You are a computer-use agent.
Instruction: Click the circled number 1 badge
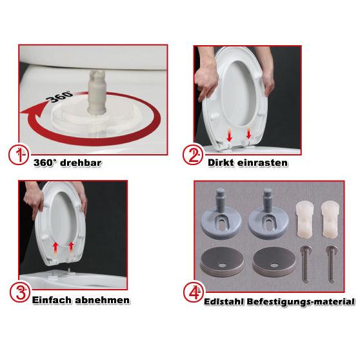pos(19,155)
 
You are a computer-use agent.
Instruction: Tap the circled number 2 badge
pos(193,155)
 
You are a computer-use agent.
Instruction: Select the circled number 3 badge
pos(20,292)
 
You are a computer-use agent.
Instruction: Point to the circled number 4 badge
pos(194,292)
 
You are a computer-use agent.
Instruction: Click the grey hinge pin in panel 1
pos(97,92)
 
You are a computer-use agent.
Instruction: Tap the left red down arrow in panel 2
pos(229,135)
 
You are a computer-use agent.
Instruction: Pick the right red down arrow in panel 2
pos(248,134)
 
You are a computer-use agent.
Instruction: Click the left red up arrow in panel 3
pos(55,248)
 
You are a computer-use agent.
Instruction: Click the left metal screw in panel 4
pos(306,264)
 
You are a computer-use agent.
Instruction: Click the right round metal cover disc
pos(273,262)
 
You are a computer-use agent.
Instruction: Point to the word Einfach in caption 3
pos(52,300)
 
